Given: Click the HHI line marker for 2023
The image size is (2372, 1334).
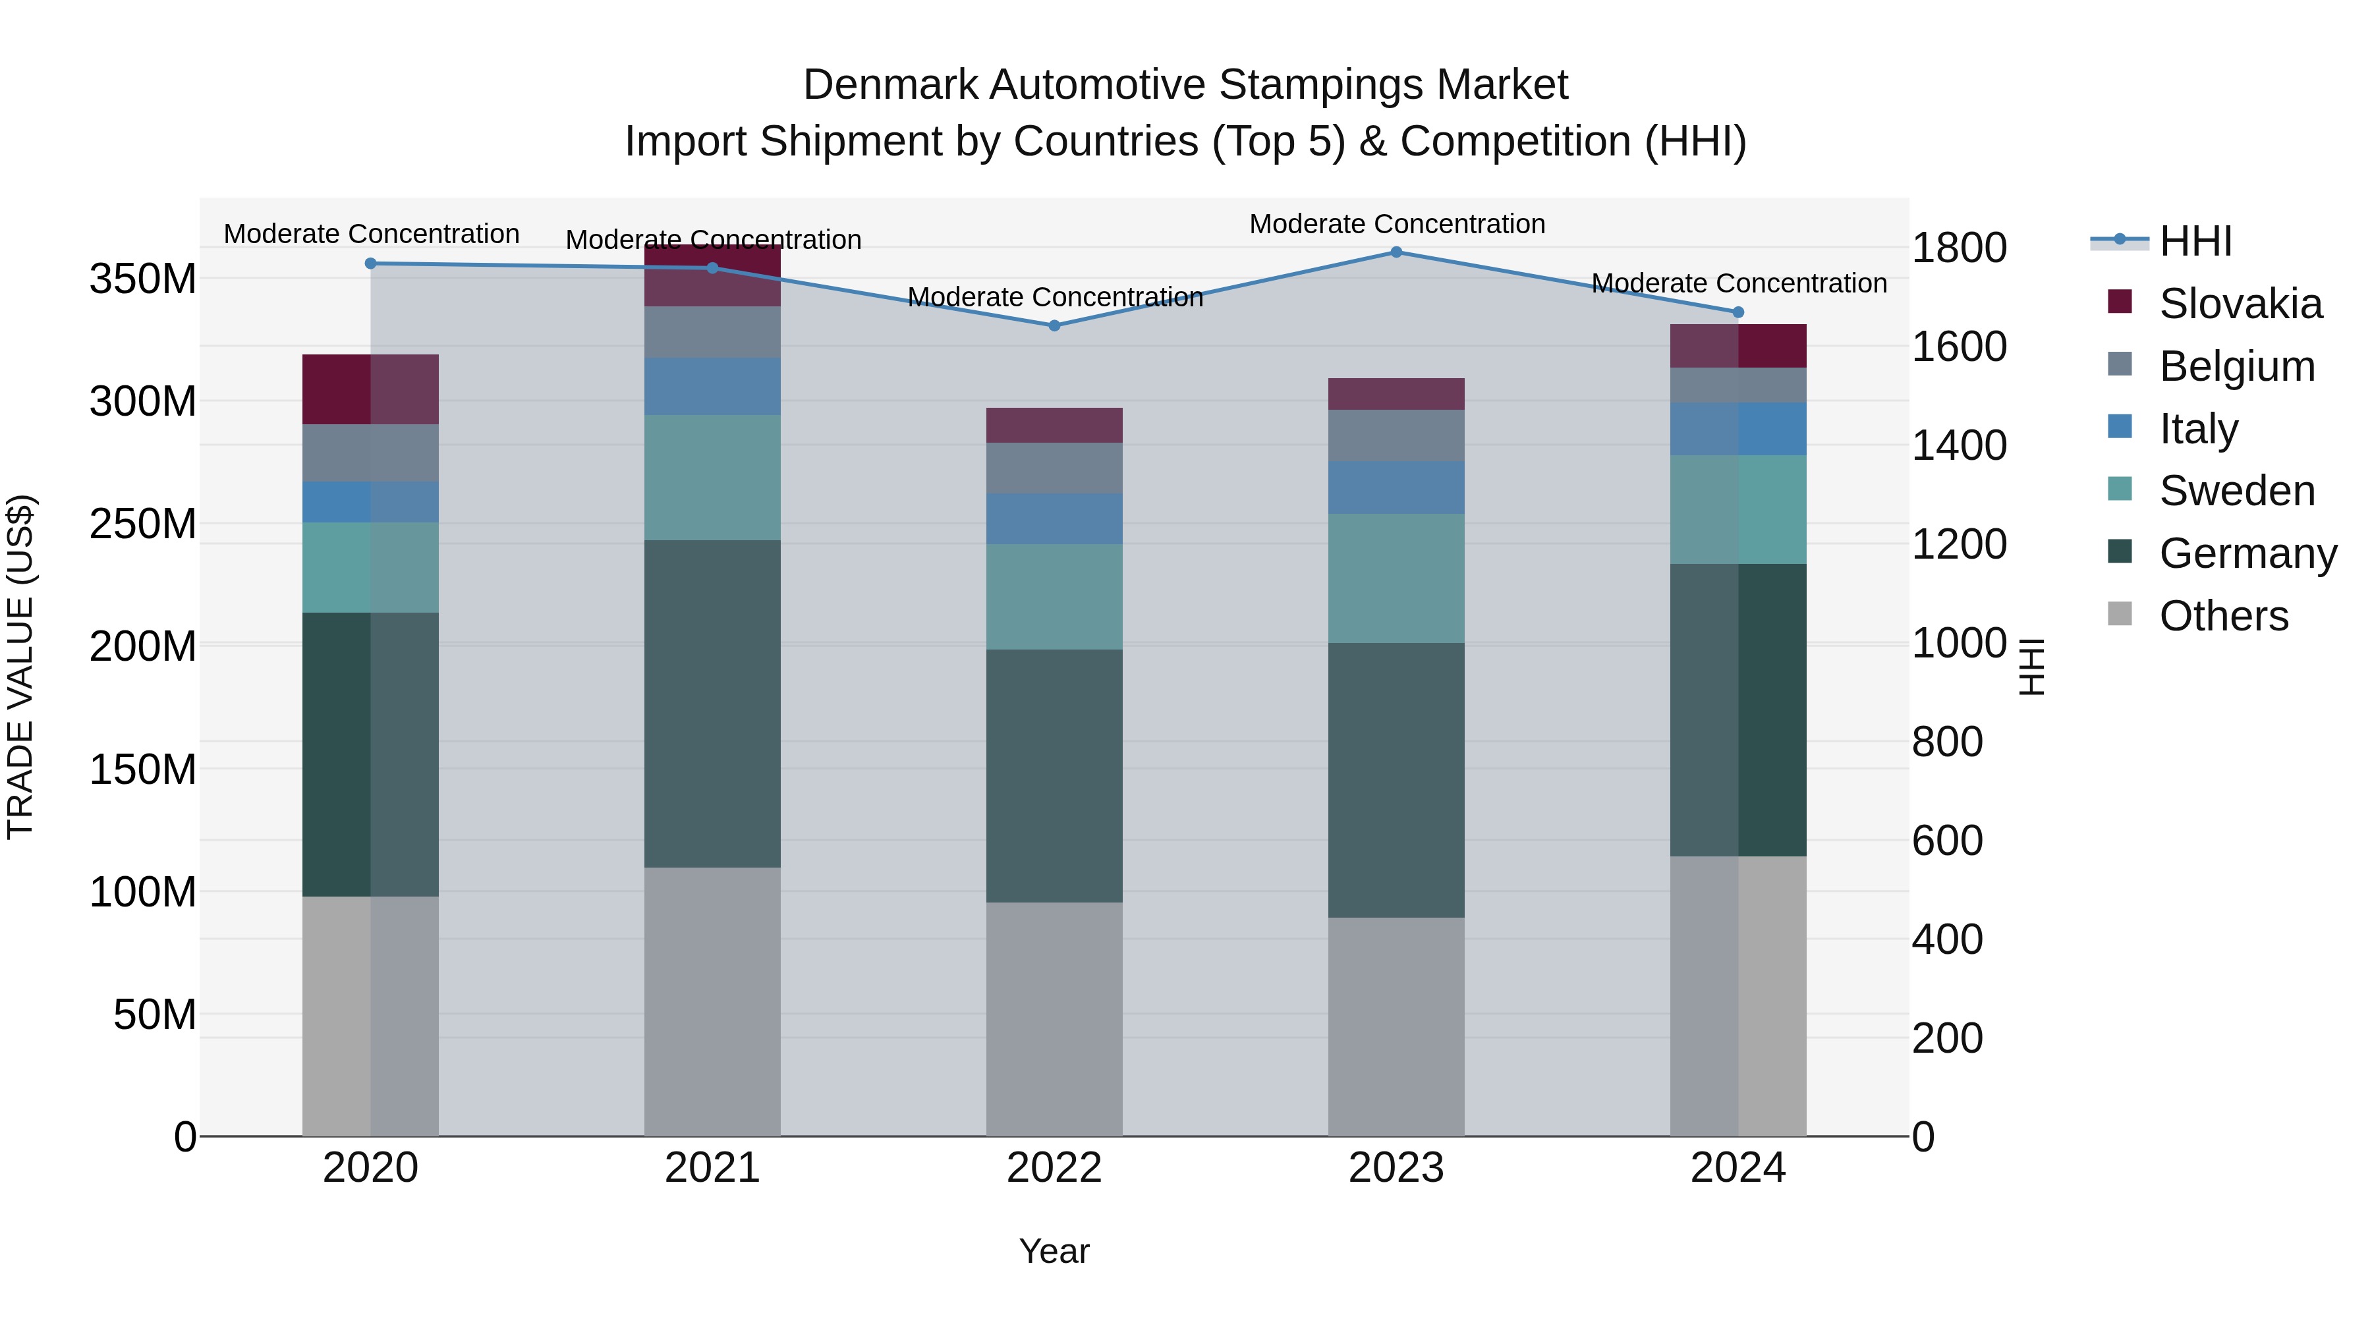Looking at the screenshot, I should click(1396, 252).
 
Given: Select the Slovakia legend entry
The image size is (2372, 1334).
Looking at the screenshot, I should click(2240, 304).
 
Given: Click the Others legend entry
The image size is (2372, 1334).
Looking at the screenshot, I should click(2223, 616).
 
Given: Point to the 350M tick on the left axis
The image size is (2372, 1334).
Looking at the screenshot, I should click(143, 279).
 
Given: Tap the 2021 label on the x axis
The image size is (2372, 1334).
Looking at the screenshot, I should click(712, 1168).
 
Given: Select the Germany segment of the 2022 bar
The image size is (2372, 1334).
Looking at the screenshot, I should click(1054, 776).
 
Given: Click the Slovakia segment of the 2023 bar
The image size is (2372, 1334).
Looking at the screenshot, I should click(1396, 394).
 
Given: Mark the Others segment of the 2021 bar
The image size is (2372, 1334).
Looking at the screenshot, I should click(712, 1001).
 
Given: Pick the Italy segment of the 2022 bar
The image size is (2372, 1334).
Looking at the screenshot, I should click(1054, 518).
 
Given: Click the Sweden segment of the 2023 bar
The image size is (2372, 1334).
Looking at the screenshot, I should click(1396, 578).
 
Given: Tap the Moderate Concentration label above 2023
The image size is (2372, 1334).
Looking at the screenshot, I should click(1396, 224).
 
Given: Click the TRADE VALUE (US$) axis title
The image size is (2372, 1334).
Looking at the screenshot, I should click(20, 667).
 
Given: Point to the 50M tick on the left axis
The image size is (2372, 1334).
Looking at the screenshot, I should click(155, 1014).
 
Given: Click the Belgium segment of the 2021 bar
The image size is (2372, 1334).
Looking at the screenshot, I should click(712, 333).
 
